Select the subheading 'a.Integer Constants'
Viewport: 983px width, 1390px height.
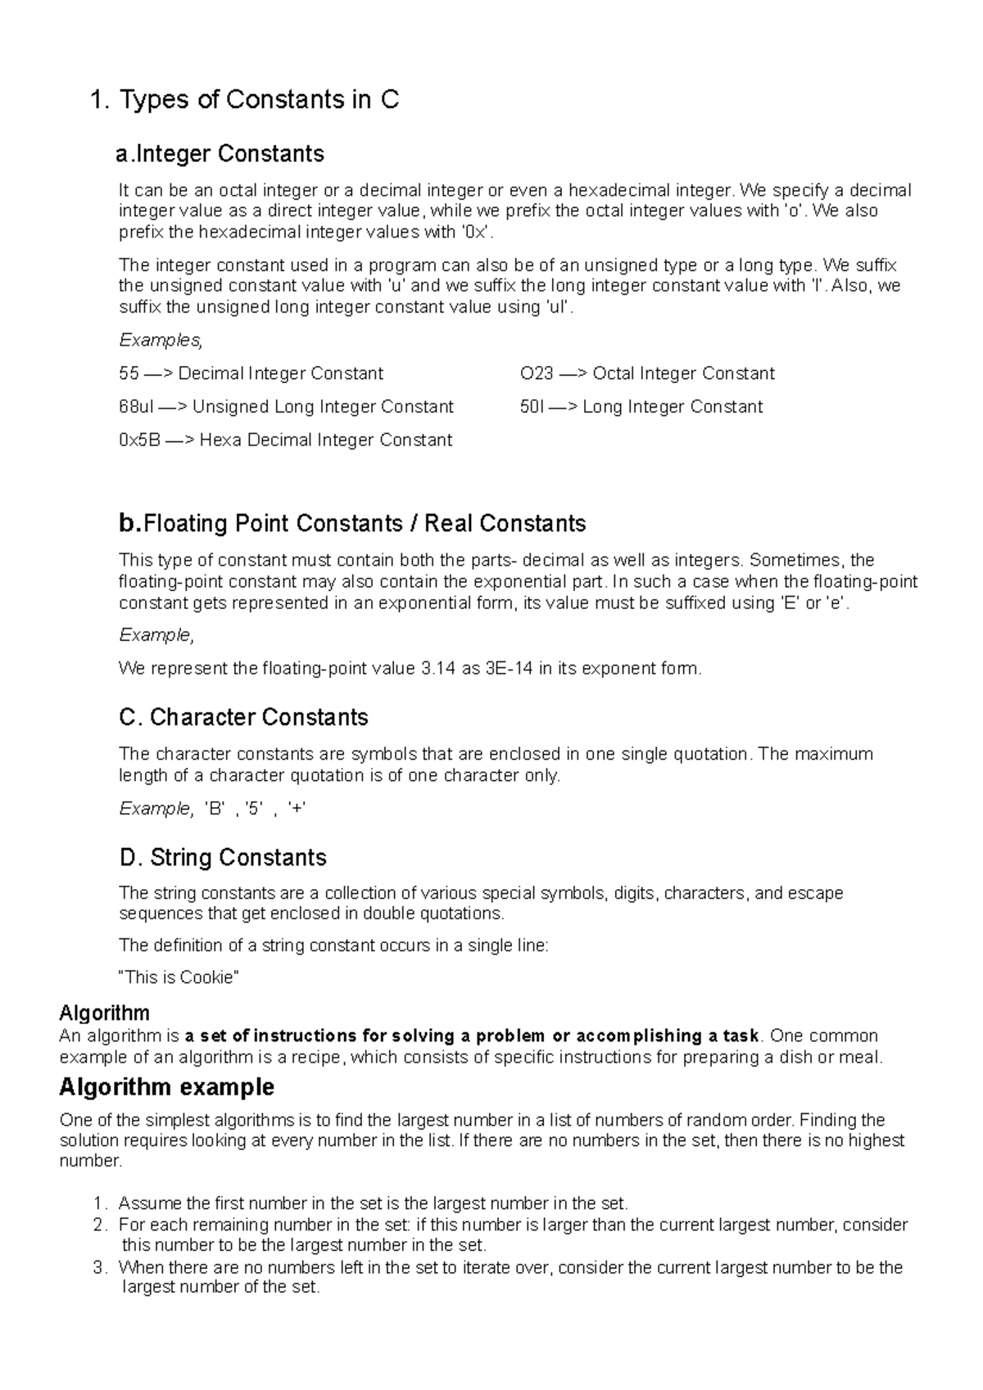pos(221,154)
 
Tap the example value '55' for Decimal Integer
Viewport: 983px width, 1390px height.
pos(129,374)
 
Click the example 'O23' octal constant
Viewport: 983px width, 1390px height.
pos(537,374)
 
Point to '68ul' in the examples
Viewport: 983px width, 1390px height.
pos(136,407)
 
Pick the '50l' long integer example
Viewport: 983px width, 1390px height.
pos(532,407)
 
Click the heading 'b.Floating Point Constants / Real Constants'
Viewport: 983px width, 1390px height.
pos(352,523)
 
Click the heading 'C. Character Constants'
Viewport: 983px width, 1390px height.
pos(243,717)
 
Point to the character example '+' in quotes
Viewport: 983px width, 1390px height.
pos(297,809)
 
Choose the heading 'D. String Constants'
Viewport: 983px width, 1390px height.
pos(223,857)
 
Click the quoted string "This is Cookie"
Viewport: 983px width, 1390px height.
pos(179,977)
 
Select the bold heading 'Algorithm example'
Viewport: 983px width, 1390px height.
pos(166,1087)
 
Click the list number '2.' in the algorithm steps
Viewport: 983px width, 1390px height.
pos(100,1225)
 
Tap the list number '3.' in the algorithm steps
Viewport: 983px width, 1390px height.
pos(100,1267)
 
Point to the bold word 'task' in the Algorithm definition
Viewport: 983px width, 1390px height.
pos(741,1036)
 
